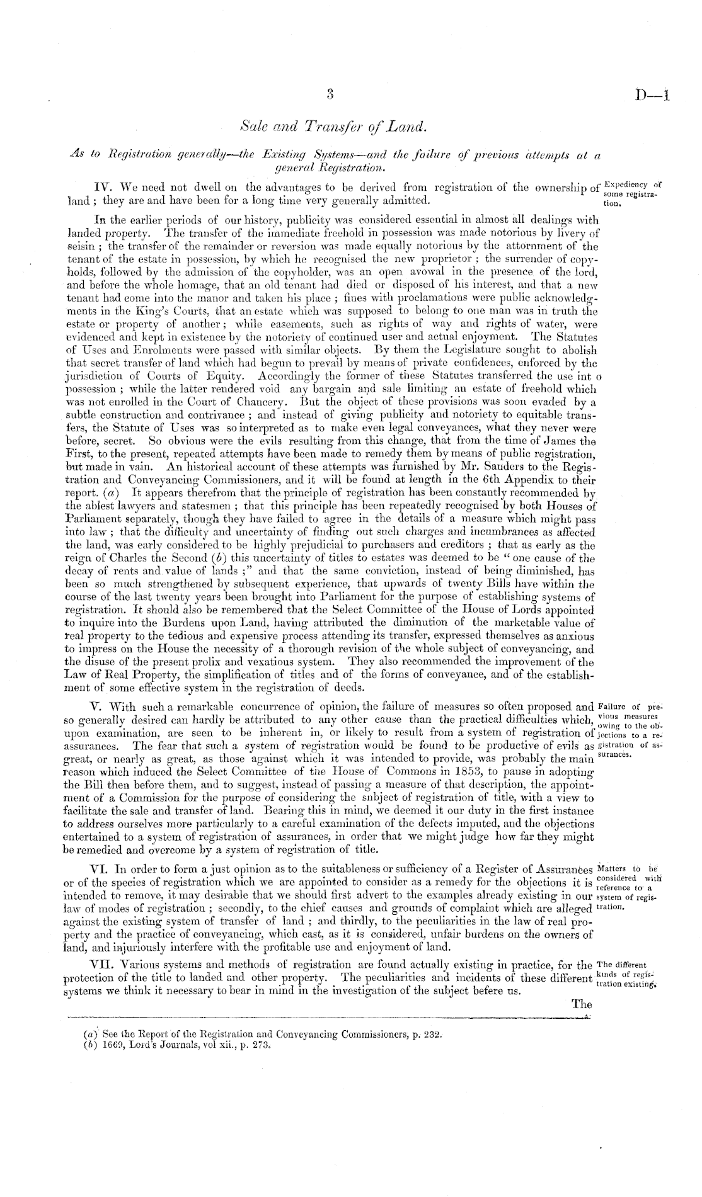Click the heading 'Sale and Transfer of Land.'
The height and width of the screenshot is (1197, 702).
(330, 129)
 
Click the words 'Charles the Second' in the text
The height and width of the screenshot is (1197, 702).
(141, 558)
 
